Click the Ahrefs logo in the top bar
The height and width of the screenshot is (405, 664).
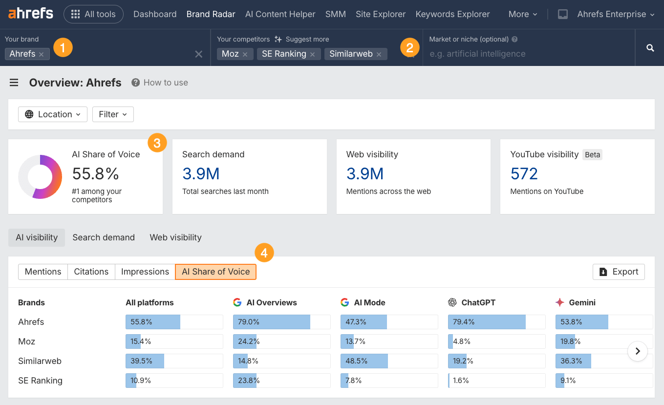click(30, 14)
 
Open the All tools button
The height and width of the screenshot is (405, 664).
click(93, 14)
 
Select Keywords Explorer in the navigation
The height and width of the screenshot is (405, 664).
click(452, 14)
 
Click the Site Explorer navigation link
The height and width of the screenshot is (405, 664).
click(381, 14)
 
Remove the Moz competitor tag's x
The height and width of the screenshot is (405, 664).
click(245, 54)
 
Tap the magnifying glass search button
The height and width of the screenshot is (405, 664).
click(650, 48)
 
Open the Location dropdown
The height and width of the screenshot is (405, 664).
click(53, 114)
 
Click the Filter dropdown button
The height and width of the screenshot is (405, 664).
click(113, 114)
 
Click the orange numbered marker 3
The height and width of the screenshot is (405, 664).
click(157, 143)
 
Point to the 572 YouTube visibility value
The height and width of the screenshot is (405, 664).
click(524, 173)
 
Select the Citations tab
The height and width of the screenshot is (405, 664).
click(91, 272)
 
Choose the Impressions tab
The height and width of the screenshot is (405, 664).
click(145, 272)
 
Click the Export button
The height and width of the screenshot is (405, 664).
click(619, 272)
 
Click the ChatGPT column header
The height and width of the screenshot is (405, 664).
click(478, 302)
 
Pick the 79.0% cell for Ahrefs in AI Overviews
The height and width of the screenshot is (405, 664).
click(281, 322)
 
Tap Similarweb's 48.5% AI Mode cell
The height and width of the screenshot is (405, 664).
click(389, 361)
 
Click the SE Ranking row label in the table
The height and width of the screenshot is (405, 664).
click(40, 381)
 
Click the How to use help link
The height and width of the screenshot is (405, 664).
click(160, 83)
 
